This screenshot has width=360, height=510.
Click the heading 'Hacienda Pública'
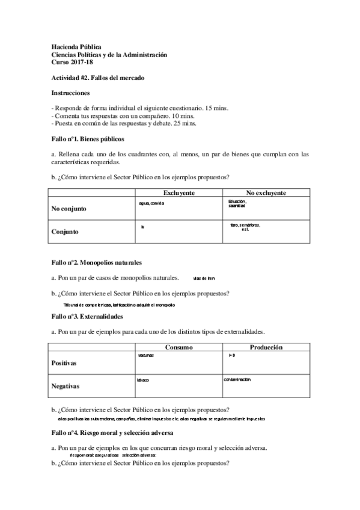(x=76, y=46)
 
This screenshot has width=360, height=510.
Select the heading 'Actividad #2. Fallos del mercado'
(x=97, y=78)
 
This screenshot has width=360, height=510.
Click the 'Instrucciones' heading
(x=71, y=93)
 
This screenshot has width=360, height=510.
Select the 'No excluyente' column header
(x=266, y=192)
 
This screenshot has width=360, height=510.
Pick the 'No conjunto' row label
(x=69, y=209)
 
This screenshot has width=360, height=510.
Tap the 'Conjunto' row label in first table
(x=65, y=231)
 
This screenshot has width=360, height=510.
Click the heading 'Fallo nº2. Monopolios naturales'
(x=96, y=263)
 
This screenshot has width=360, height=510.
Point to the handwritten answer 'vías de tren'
(x=204, y=278)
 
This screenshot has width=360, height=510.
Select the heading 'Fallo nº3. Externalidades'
(x=87, y=316)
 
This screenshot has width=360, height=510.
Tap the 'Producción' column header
(x=266, y=348)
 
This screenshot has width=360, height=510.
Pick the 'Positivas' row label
(x=64, y=363)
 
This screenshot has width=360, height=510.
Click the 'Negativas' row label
(x=66, y=386)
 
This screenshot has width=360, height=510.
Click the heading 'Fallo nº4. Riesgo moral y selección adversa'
(x=112, y=432)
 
